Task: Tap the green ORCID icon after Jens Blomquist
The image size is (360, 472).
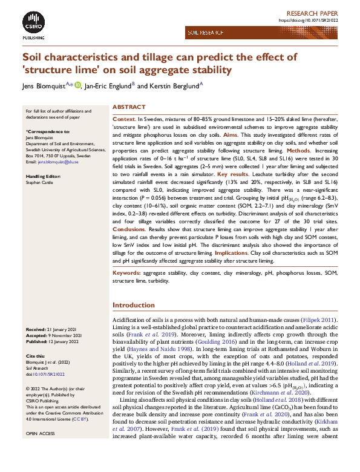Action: [77, 86]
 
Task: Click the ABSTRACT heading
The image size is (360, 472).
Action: [129, 107]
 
